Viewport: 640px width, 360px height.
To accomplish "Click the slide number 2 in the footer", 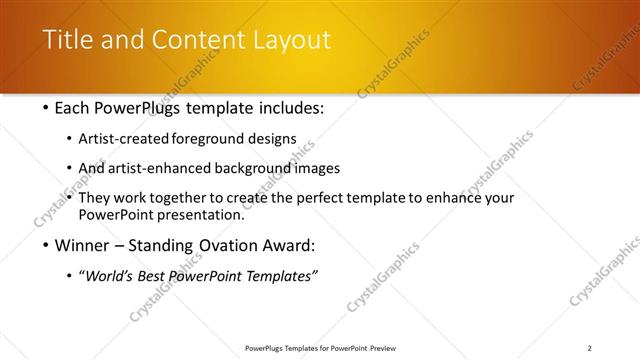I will point(591,348).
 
